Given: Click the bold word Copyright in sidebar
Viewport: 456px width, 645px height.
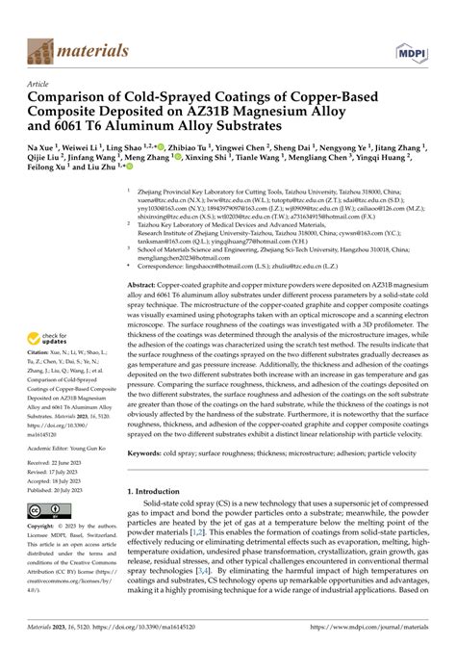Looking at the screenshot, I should tap(43, 527).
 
